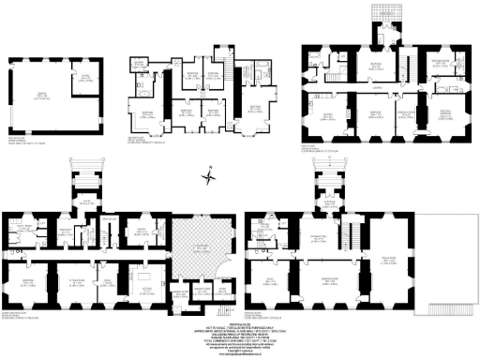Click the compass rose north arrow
click(x=213, y=172)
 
